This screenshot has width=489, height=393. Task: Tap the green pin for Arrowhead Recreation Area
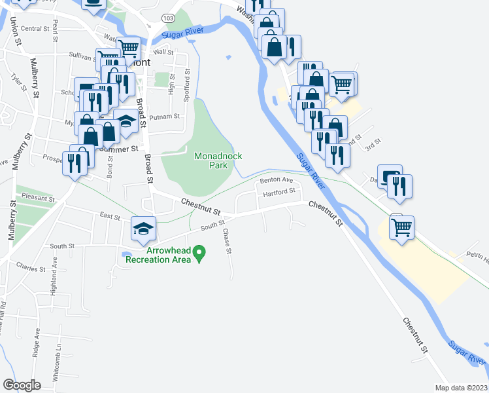click(x=201, y=252)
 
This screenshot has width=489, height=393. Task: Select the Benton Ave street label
click(x=276, y=179)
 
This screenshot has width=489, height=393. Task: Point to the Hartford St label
click(x=280, y=193)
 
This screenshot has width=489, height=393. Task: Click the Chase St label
click(x=228, y=242)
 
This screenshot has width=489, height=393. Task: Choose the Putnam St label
click(x=164, y=117)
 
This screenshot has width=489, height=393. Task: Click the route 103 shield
click(x=169, y=17)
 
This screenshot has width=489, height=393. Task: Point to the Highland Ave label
click(x=56, y=269)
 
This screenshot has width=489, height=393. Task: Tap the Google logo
click(x=22, y=385)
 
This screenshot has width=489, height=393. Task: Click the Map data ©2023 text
click(x=462, y=388)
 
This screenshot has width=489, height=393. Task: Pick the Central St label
click(x=35, y=29)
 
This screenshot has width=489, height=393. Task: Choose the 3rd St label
click(x=371, y=147)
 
